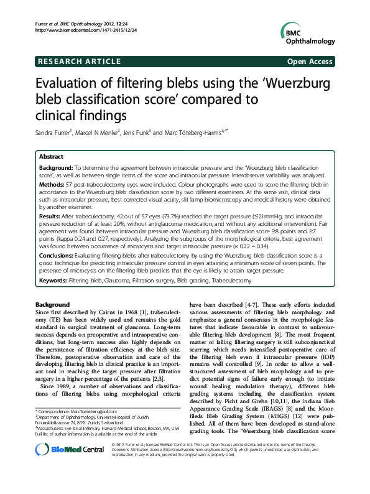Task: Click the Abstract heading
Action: pos(52,157)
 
